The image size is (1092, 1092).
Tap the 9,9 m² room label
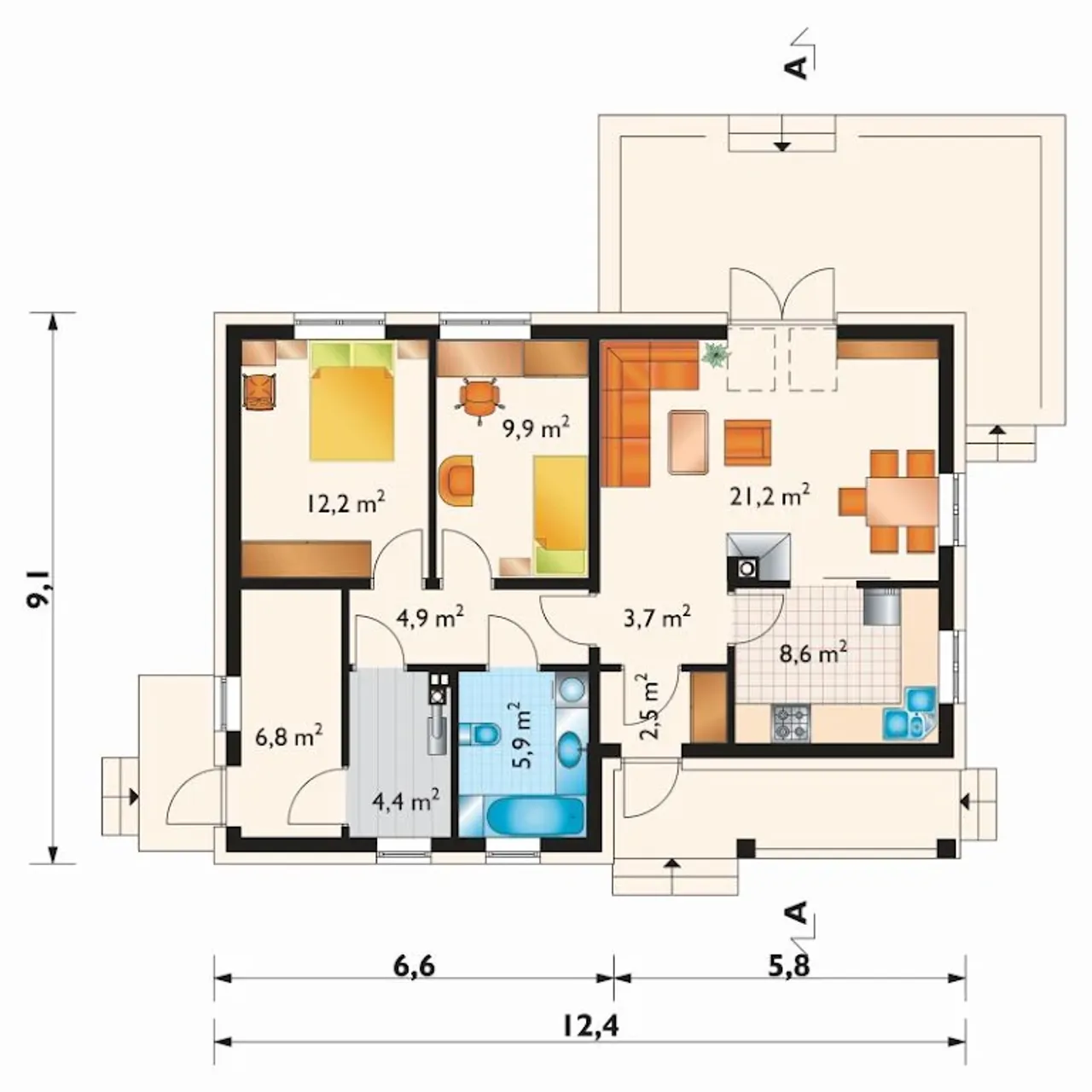point(536,429)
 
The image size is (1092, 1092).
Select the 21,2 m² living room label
point(769,496)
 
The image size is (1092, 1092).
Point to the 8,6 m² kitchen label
point(813,653)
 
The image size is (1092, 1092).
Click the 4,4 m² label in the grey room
point(406,802)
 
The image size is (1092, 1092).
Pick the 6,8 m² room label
point(289,738)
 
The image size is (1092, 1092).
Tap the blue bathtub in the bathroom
point(534,816)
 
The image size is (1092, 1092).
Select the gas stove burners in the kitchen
point(791,723)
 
